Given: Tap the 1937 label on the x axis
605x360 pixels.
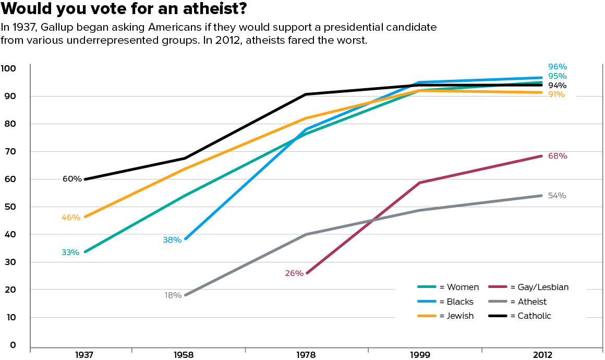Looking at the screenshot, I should (x=84, y=355).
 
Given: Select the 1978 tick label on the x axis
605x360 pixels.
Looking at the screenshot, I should (x=306, y=355).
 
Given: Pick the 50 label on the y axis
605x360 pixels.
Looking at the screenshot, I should (x=11, y=207).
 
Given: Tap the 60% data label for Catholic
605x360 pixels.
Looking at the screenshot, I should (x=72, y=179).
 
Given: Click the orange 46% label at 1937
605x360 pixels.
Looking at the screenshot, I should (x=70, y=218).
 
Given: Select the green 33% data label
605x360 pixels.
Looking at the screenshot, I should (x=70, y=253).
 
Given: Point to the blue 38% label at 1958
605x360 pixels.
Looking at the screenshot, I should (x=172, y=240).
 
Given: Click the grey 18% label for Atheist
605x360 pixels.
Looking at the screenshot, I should (x=173, y=295).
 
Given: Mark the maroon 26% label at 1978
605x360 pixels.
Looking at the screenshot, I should (x=294, y=273).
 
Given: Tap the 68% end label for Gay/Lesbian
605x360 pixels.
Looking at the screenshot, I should (x=557, y=156).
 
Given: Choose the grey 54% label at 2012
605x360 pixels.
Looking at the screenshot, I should (x=557, y=196).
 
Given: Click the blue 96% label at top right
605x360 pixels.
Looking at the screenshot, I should (x=557, y=67).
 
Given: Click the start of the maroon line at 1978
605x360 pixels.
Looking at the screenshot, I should (x=307, y=273).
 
